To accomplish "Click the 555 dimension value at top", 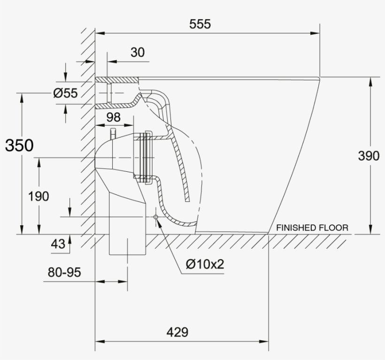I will pyautogui.click(x=200, y=24).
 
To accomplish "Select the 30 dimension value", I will pyautogui.click(x=138, y=52).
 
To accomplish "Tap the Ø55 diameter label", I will pyautogui.click(x=65, y=93).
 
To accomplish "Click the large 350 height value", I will pyautogui.click(x=19, y=146).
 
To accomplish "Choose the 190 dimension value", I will pyautogui.click(x=38, y=196).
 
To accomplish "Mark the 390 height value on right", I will pyautogui.click(x=369, y=156).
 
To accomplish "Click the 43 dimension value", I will pyautogui.click(x=58, y=244).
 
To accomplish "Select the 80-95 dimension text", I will pyautogui.click(x=64, y=272).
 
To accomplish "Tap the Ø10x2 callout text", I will pyautogui.click(x=205, y=264).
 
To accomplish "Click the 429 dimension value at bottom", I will pyautogui.click(x=177, y=332).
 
